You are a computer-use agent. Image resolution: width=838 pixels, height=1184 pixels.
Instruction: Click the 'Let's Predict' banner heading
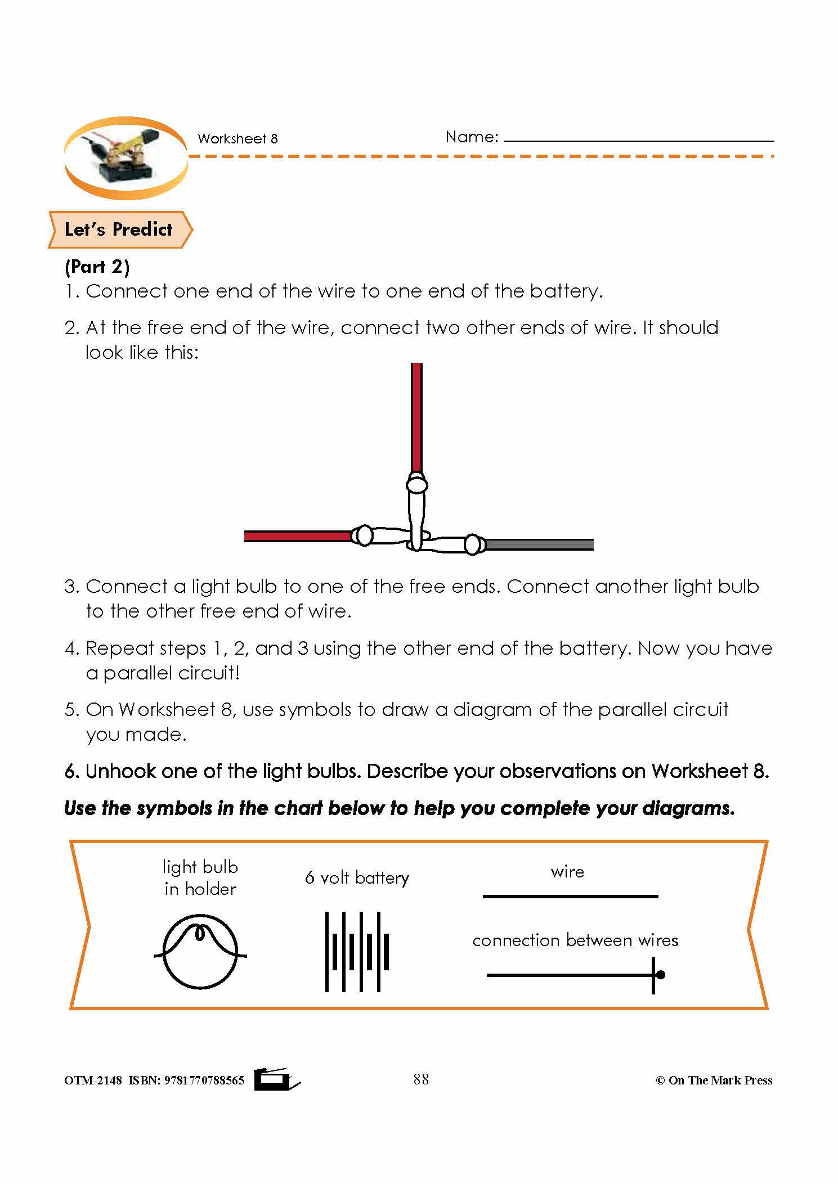coord(118,229)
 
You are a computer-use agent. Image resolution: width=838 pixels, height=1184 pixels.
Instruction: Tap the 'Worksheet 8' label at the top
coord(237,139)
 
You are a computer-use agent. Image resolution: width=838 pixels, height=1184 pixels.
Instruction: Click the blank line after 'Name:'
coord(639,139)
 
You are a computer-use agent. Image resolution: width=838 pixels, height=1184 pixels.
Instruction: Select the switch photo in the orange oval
coord(125,158)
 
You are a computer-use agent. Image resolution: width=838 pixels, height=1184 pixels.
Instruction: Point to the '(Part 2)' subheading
coord(97,267)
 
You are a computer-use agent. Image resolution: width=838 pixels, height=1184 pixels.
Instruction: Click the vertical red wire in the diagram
coord(416,416)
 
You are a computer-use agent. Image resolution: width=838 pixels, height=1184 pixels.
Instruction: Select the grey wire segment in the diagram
coord(539,544)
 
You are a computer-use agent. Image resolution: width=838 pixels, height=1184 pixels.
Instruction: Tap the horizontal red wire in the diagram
coord(297,536)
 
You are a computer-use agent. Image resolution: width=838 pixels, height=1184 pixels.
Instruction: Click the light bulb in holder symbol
coord(200,951)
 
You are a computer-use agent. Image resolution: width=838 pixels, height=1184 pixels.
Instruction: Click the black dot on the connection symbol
coord(661,975)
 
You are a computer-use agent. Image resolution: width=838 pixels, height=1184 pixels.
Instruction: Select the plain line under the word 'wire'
coord(570,897)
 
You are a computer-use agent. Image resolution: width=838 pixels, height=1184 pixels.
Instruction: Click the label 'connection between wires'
coord(575,940)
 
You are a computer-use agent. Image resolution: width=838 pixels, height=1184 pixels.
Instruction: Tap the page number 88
coord(421,1079)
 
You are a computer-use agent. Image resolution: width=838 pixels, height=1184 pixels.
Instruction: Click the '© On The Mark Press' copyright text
coord(714,1081)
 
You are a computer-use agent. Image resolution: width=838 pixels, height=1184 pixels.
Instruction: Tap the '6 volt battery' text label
coord(357,878)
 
